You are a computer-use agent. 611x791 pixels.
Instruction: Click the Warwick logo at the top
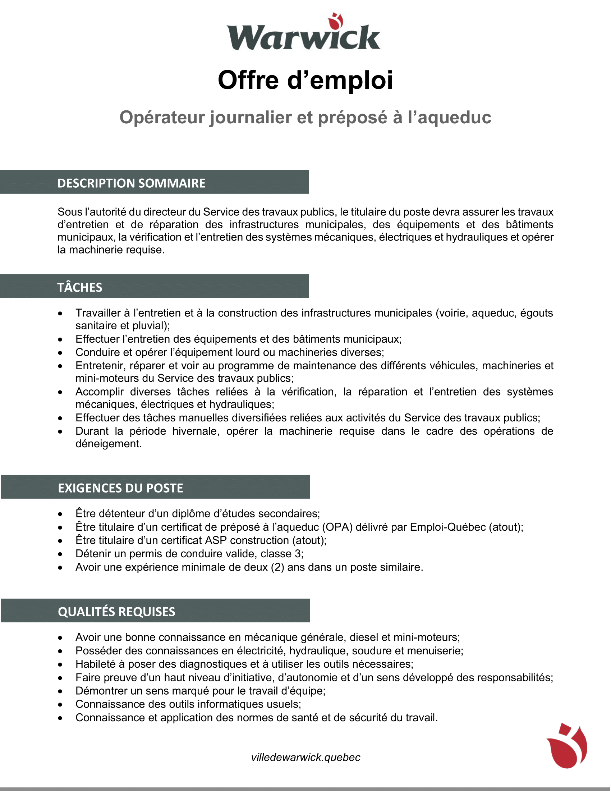pyautogui.click(x=303, y=33)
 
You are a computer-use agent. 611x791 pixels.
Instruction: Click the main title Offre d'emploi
pyautogui.click(x=305, y=80)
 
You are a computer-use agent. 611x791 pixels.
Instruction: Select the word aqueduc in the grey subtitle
pyautogui.click(x=454, y=118)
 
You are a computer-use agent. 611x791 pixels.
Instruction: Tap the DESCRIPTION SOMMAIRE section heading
pyautogui.click(x=131, y=183)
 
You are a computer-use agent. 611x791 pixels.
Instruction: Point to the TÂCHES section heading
pyautogui.click(x=80, y=288)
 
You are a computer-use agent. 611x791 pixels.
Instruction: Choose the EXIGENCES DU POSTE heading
pyautogui.click(x=120, y=488)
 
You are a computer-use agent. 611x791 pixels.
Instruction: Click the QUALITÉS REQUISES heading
pyautogui.click(x=116, y=612)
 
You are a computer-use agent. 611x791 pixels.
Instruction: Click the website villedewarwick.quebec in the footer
pyautogui.click(x=305, y=757)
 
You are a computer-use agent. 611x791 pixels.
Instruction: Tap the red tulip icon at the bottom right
pyautogui.click(x=567, y=746)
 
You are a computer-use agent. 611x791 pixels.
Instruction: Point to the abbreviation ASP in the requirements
pyautogui.click(x=216, y=540)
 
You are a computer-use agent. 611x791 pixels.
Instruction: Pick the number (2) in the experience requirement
pyautogui.click(x=277, y=567)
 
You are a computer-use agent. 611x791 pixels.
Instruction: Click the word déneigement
pyautogui.click(x=108, y=444)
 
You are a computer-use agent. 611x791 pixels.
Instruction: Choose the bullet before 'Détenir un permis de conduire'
pyautogui.click(x=60, y=554)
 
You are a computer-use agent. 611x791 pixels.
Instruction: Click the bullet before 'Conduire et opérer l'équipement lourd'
pyautogui.click(x=60, y=353)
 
